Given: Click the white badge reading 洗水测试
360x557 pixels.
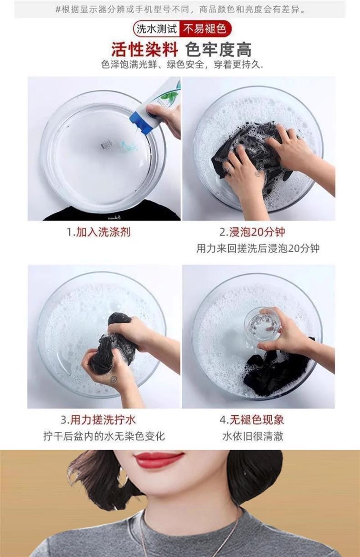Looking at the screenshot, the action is pos(156,29).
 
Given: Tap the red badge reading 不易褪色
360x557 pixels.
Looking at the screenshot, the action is pos(205,29).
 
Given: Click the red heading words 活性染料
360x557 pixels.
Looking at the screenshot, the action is pos(144,50).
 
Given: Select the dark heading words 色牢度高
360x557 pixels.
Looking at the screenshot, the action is pos(218,50).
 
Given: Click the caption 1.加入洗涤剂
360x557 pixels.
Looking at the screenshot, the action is pos(98,232).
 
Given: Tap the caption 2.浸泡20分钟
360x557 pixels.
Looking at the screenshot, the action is pos(252,232).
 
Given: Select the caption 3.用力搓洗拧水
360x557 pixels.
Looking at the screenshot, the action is pos(98,420).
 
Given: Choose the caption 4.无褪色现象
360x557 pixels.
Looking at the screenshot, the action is pos(252,420).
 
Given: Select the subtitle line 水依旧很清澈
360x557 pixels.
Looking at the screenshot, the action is pos(253,436).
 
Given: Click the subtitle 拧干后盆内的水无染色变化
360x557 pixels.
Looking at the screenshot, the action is pos(104,436).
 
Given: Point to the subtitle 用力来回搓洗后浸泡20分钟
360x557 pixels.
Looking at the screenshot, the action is pos(258,248).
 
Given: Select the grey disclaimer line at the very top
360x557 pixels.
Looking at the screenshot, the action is pos(180,10).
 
